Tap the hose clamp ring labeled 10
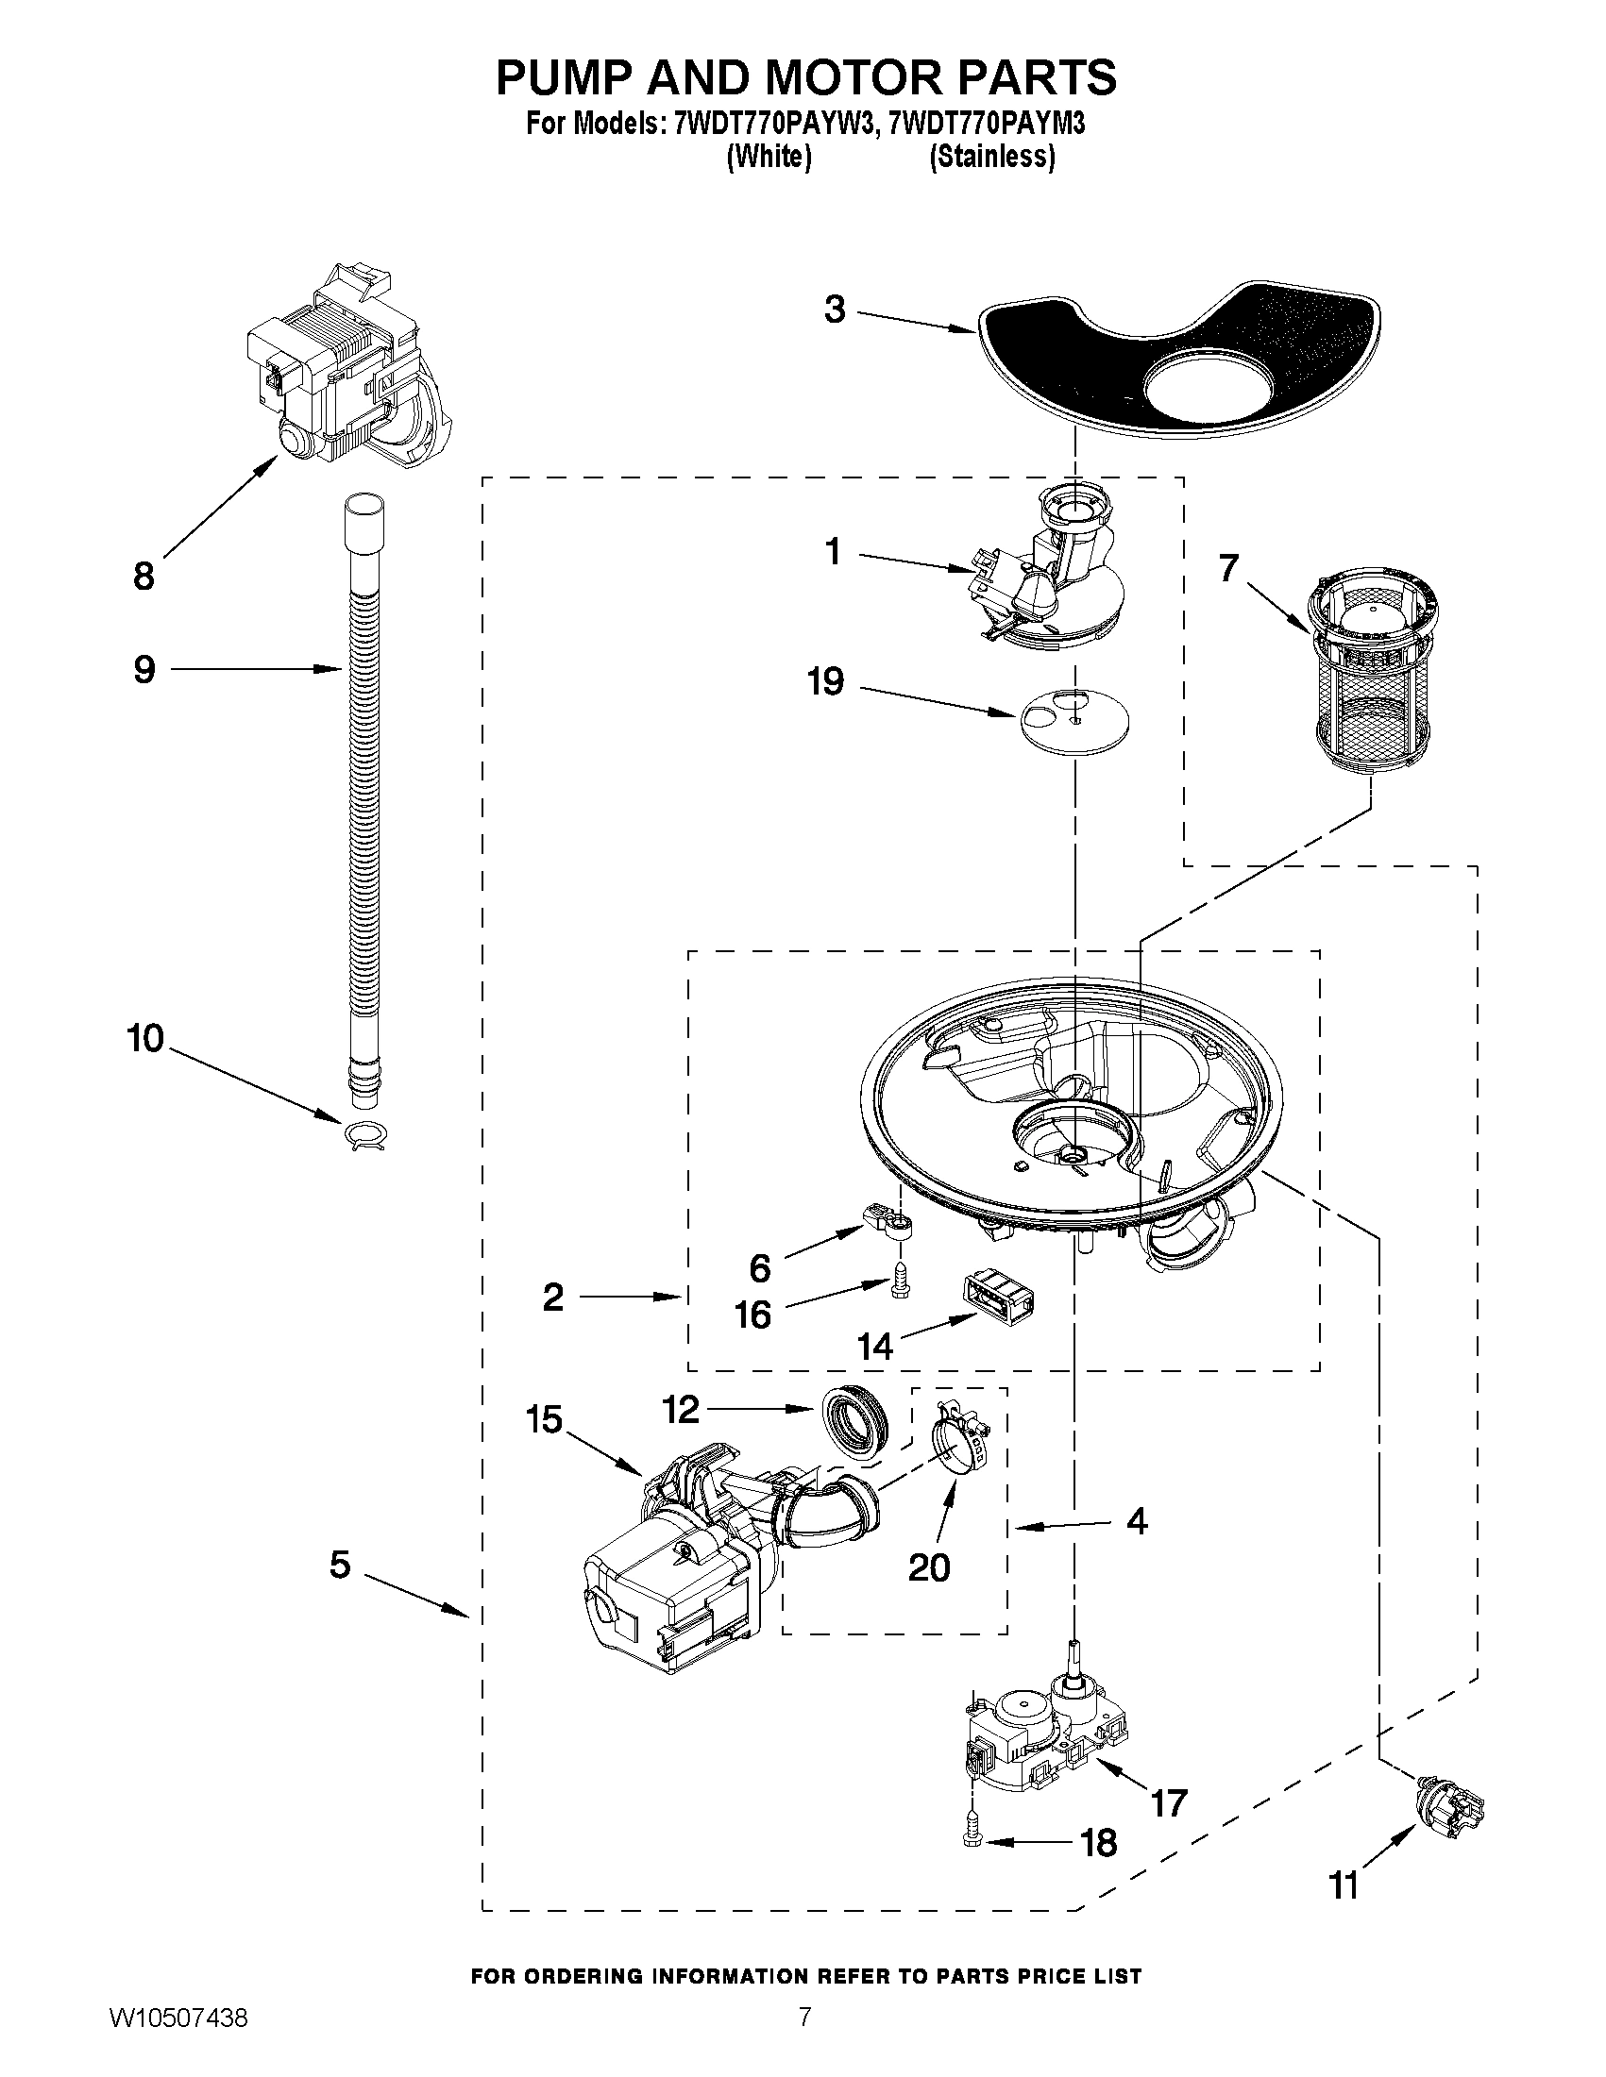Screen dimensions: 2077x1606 click(366, 1135)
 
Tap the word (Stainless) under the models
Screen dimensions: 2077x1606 click(991, 157)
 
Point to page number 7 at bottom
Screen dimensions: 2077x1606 click(804, 2038)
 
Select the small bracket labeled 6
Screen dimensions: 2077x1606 click(888, 1221)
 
